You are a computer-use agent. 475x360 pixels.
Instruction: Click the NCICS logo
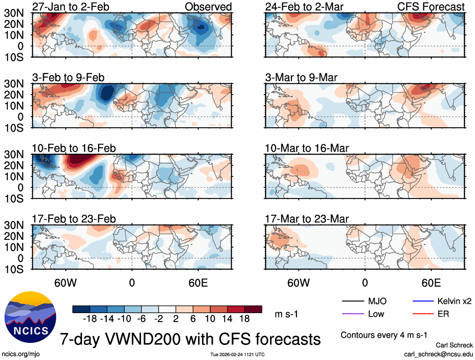click(30, 318)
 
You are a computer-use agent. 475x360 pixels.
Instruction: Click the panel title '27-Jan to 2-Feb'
click(69, 7)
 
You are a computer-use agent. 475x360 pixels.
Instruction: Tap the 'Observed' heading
click(208, 7)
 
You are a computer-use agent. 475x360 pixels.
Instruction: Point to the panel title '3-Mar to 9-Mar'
click(301, 77)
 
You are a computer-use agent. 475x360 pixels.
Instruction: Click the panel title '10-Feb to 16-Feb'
click(74, 148)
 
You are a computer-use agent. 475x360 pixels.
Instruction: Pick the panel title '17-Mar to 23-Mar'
click(307, 219)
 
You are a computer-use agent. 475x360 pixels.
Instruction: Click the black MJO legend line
click(352, 301)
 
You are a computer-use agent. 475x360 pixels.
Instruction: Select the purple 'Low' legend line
click(352, 314)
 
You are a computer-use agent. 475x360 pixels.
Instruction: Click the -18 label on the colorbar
click(90, 319)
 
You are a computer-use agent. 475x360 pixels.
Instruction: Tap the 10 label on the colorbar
click(210, 319)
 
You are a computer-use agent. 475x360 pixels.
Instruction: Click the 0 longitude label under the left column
click(132, 283)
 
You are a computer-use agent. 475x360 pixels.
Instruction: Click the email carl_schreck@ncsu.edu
click(438, 354)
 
